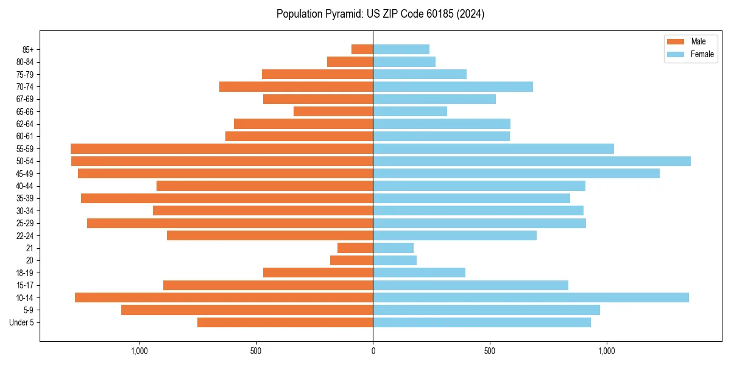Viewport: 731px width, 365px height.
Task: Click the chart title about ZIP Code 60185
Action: [x=380, y=14]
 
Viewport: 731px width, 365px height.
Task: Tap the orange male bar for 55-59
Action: [x=222, y=148]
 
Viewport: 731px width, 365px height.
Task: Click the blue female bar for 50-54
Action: [x=532, y=161]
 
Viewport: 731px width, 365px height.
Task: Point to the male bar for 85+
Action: [x=362, y=49]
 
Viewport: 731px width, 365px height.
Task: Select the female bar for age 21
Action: [x=394, y=248]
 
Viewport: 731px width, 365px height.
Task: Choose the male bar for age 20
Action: [x=351, y=260]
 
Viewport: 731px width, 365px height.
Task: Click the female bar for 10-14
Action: [x=531, y=297]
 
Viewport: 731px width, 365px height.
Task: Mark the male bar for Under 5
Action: [x=285, y=322]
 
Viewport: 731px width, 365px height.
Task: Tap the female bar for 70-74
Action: [x=453, y=86]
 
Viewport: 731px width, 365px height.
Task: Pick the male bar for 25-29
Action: [x=230, y=223]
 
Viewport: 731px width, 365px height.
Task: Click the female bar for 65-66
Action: [x=410, y=111]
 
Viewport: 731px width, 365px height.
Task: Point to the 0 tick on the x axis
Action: [x=373, y=351]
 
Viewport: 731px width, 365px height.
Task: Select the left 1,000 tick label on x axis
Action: [x=139, y=351]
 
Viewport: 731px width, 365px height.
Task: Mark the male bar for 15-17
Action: [x=268, y=285]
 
